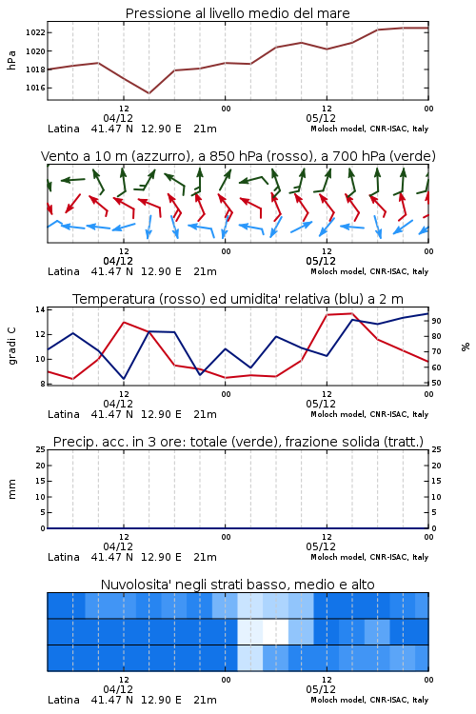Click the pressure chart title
coord(237,13)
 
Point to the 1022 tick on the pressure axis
coord(35,32)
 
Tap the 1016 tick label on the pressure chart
coord(35,88)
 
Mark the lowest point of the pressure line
coord(149,93)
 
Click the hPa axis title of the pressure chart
coord(11,60)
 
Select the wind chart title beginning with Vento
coord(238,156)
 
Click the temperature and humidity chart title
coord(238,299)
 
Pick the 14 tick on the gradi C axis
coord(40,309)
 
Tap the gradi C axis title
coord(11,347)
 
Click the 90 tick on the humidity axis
coord(436,321)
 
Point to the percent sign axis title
coord(466,347)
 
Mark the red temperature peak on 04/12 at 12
coord(124,322)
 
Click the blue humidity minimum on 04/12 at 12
coord(124,378)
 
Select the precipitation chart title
coord(238,442)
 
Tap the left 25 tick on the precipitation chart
coord(41,449)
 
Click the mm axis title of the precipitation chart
coord(11,489)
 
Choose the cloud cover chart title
coord(237,585)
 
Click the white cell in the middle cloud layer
coord(275,631)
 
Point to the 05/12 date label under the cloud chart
coord(321,689)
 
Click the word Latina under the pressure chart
coord(64,129)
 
